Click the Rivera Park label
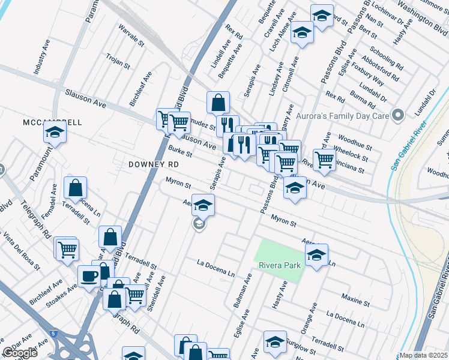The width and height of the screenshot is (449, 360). (x=279, y=265)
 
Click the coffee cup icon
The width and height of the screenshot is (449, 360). (x=89, y=277)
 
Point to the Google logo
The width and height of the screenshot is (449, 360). (x=20, y=353)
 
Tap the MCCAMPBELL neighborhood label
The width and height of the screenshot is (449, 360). (x=52, y=122)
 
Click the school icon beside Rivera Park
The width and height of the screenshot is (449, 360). (x=316, y=254)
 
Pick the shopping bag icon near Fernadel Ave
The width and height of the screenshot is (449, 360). (x=76, y=188)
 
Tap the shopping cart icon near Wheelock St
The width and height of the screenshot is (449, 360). (x=324, y=160)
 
